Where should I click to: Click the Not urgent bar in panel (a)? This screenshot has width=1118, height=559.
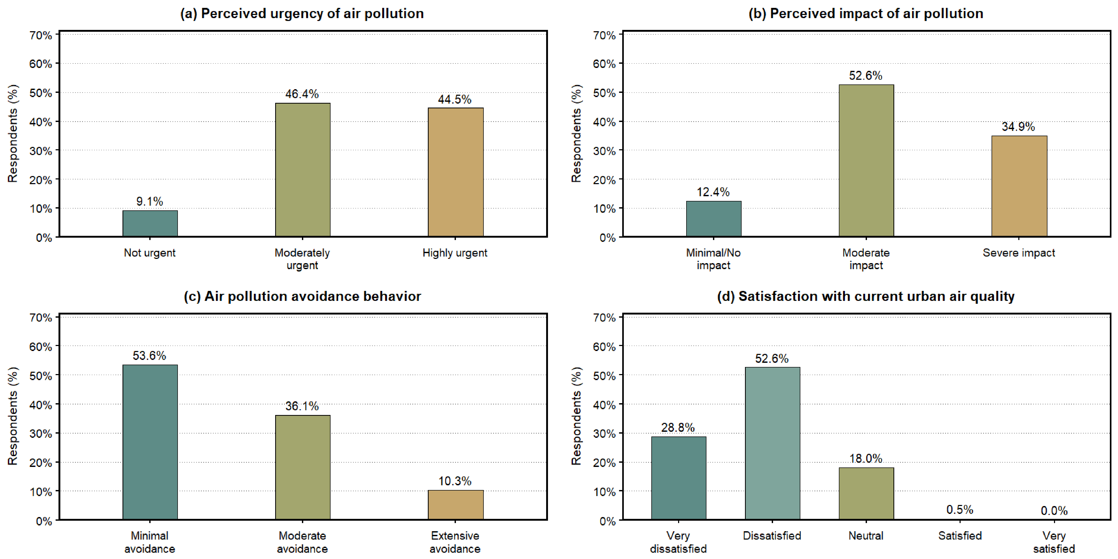150,223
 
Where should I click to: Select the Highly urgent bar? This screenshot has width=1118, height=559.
456,172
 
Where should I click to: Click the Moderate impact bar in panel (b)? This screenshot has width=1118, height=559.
866,161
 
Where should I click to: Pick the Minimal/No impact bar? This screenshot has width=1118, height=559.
714,219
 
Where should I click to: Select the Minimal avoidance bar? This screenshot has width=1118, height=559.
150,442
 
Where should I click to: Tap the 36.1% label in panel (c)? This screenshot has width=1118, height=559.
302,406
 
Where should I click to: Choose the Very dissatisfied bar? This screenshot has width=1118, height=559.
679,478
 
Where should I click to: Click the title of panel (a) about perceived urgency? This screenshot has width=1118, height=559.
302,13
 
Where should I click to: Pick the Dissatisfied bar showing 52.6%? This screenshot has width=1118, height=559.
773,444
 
